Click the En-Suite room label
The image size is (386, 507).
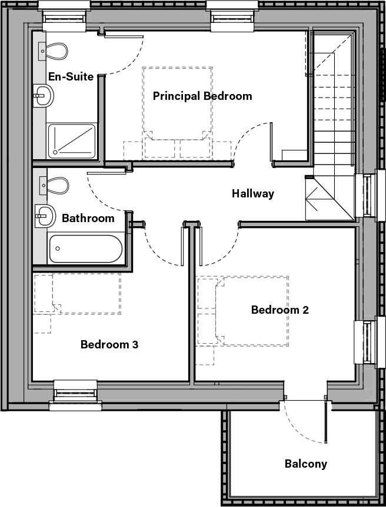click(71, 76)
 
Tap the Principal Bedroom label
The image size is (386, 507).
click(202, 96)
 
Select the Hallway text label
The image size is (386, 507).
click(252, 193)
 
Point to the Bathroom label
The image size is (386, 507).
click(88, 219)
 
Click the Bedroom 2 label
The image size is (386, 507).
click(280, 310)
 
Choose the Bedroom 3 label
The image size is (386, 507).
click(109, 344)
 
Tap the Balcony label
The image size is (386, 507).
click(306, 464)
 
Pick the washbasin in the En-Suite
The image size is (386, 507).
click(42, 95)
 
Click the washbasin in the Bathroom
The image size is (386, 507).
click(43, 216)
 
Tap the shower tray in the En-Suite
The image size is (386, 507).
click(71, 141)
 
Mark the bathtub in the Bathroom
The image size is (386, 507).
click(85, 249)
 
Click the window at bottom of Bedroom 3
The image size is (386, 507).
click(75, 391)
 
